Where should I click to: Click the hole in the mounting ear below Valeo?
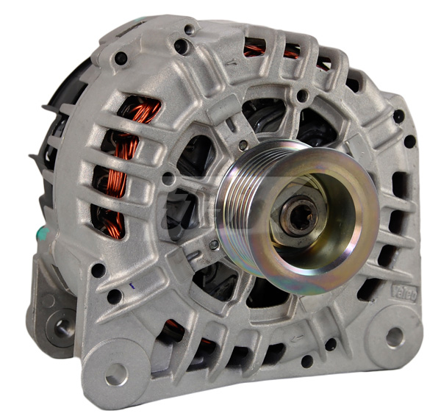point(395,336)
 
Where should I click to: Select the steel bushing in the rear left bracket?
point(57,323)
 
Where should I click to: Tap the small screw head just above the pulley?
point(302,96)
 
